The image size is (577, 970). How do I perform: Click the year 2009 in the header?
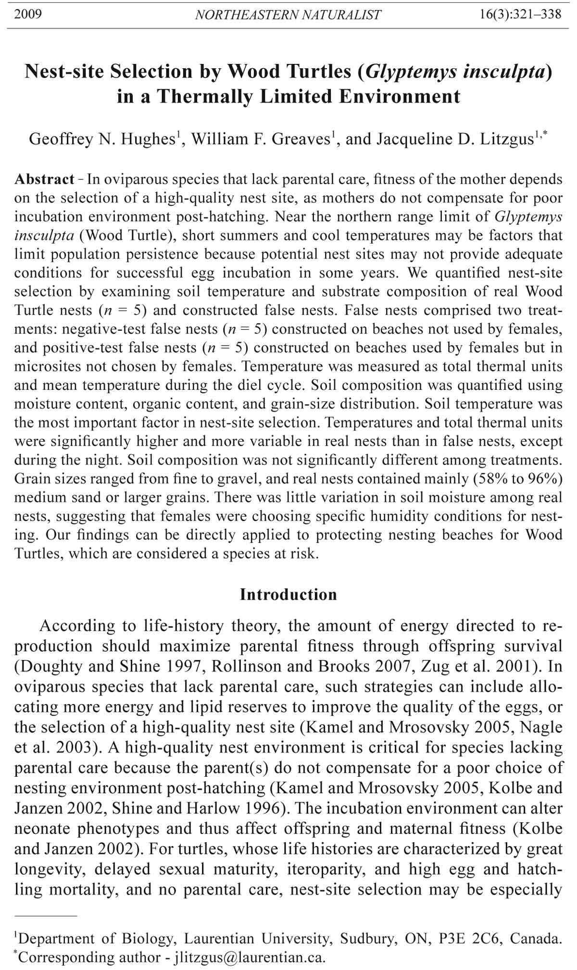[x=28, y=14]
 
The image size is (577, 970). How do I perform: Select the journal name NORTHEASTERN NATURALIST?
[x=288, y=15]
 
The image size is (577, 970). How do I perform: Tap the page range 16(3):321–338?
[x=520, y=14]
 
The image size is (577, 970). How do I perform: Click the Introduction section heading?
[x=288, y=595]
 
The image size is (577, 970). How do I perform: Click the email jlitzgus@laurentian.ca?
[x=250, y=957]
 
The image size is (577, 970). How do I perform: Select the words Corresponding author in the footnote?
[x=89, y=957]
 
